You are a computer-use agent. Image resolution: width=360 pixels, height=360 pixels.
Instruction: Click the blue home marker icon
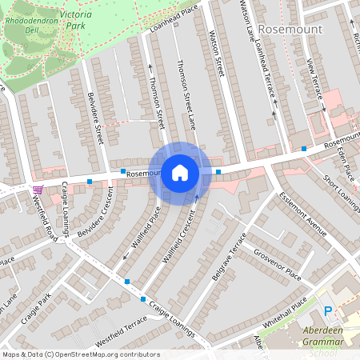pyautogui.click(x=180, y=172)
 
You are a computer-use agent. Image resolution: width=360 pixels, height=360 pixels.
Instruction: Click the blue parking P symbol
pyautogui.click(x=326, y=310)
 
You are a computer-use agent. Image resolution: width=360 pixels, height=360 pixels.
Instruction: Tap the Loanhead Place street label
pyautogui.click(x=174, y=22)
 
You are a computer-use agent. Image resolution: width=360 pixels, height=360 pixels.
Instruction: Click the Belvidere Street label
pyautogui.click(x=95, y=118)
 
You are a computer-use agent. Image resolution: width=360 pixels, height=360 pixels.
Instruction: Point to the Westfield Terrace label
pyautogui.click(x=121, y=330)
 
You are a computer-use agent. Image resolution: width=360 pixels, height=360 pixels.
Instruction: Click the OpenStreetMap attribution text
pyautogui.click(x=81, y=354)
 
